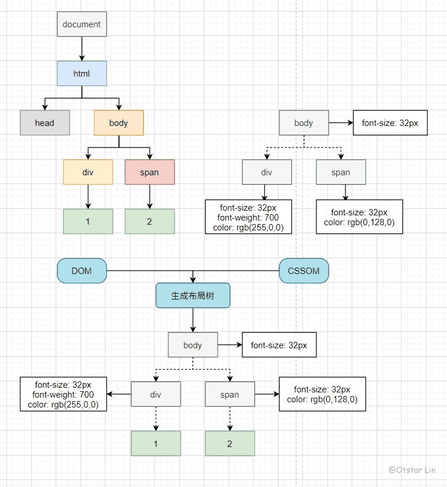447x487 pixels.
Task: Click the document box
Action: [82, 24]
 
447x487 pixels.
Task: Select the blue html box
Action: [82, 74]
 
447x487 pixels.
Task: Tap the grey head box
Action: [45, 122]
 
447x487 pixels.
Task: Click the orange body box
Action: [118, 122]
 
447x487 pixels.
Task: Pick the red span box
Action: [149, 172]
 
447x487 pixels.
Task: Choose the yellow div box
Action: [88, 172]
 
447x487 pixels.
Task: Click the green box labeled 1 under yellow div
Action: [88, 221]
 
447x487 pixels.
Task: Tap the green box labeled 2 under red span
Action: [149, 221]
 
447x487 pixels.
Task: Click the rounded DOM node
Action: [82, 270]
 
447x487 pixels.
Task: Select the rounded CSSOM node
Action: [304, 270]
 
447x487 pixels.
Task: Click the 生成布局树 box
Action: [193, 295]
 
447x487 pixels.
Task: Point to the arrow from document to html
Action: [82, 49]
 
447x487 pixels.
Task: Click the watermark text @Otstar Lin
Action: [412, 470]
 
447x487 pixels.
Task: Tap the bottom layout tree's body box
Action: [193, 345]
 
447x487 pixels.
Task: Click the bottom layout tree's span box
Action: [230, 394]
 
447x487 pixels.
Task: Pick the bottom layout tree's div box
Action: [156, 394]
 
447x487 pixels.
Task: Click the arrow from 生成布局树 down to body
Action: [193, 320]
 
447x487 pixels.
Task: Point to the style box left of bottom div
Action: [63, 394]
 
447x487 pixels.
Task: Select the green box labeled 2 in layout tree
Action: [230, 443]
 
